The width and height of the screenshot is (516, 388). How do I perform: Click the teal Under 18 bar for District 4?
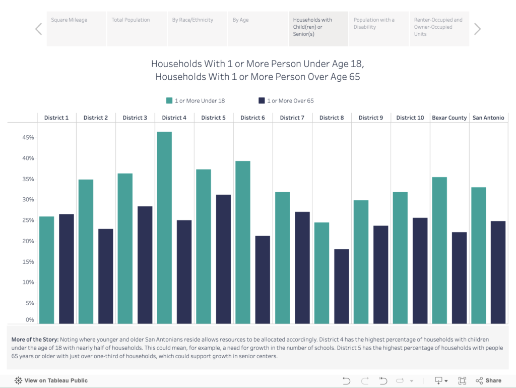coord(164,228)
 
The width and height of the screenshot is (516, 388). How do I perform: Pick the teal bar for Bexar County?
coord(439,250)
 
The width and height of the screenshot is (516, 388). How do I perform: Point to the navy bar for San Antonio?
coord(498,272)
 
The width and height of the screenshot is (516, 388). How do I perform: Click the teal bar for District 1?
coord(46,270)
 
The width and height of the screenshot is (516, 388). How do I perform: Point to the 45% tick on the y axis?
coord(28,137)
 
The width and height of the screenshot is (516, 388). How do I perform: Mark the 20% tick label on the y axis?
coord(28,241)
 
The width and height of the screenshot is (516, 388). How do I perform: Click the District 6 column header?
coord(252,118)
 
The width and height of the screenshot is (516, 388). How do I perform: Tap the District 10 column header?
coord(410,118)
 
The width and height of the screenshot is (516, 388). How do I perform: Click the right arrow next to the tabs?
coord(477,29)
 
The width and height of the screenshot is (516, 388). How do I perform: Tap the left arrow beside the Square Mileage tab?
coord(38,29)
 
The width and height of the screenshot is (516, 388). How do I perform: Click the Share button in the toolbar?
coord(488,380)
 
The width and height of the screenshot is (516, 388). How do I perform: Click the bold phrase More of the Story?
coord(34,340)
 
